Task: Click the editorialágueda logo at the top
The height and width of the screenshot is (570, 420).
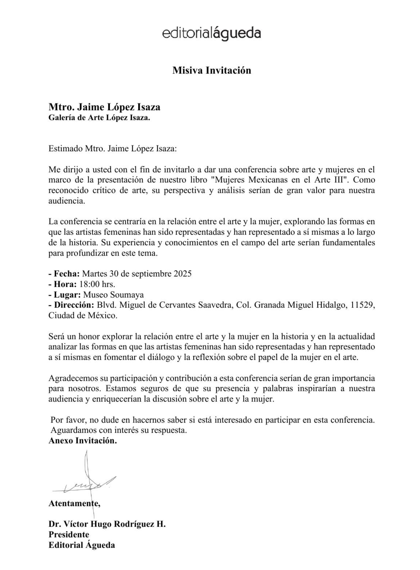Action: (x=211, y=34)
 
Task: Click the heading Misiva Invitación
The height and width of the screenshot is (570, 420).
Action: (x=212, y=70)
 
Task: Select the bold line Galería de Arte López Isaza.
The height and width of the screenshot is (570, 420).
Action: (x=99, y=118)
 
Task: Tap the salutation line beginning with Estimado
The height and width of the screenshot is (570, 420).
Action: (x=112, y=149)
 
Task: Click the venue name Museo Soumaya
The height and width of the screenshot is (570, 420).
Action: (x=113, y=295)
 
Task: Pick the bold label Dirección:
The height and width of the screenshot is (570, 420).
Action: (x=71, y=305)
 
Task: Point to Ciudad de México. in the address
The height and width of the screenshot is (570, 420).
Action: (x=83, y=316)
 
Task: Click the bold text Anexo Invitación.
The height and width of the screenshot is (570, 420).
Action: (x=83, y=441)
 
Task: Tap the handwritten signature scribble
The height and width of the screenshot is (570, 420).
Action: (x=88, y=486)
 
